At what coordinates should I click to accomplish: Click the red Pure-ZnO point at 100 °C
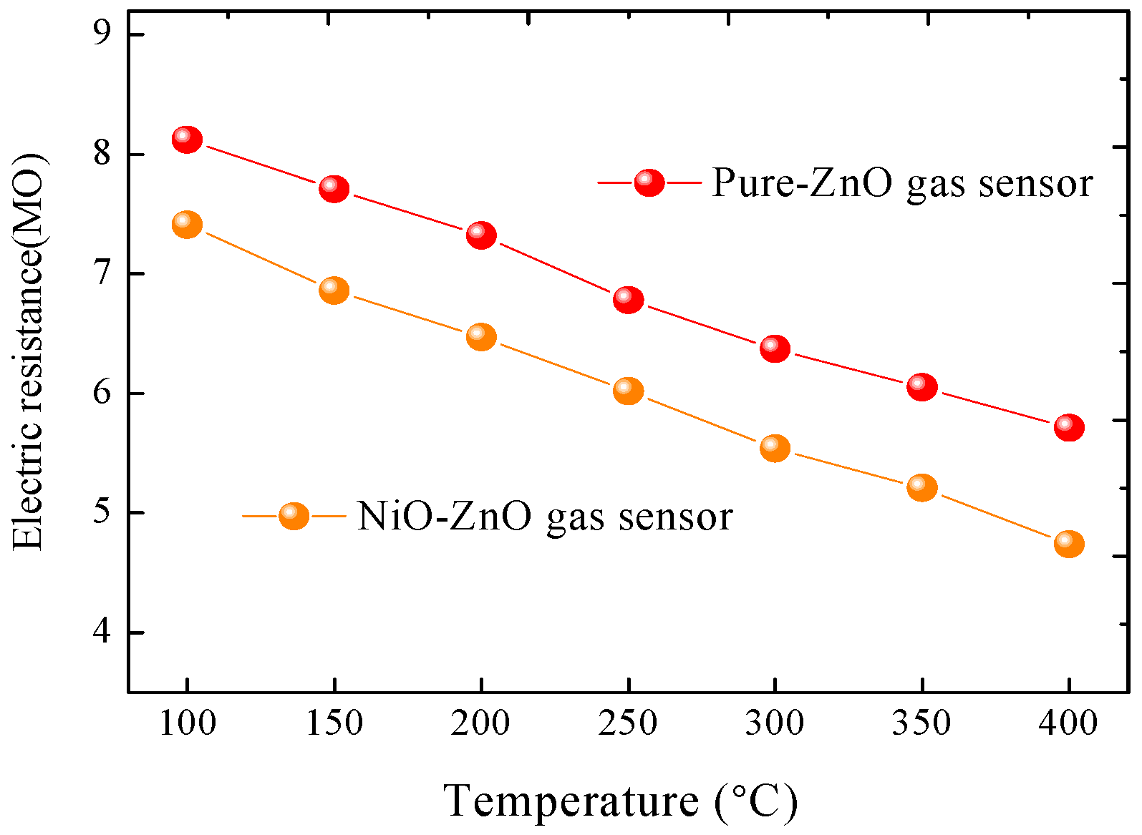click(187, 139)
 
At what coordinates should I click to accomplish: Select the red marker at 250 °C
click(628, 299)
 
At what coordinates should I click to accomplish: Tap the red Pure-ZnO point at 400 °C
click(1069, 427)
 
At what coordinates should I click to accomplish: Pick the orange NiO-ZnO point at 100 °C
click(187, 224)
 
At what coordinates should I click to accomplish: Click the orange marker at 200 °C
click(481, 336)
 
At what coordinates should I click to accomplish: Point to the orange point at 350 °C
click(922, 487)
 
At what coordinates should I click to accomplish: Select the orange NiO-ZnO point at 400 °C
click(1069, 544)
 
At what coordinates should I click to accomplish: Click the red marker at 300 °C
click(775, 348)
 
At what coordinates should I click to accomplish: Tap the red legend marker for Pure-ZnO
click(649, 182)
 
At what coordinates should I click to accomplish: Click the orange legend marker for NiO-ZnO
click(294, 515)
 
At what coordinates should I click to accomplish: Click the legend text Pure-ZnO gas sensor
click(902, 183)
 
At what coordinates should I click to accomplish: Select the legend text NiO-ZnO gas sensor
click(544, 516)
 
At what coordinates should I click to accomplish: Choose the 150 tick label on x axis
click(334, 723)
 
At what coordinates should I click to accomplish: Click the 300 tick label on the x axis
click(775, 723)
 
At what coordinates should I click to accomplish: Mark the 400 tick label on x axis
click(1068, 723)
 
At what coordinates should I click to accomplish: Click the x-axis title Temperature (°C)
click(620, 801)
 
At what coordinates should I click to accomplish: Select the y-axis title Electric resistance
click(29, 351)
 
